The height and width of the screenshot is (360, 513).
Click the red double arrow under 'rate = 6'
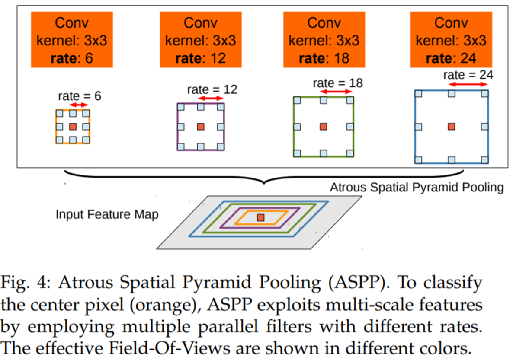(79, 105)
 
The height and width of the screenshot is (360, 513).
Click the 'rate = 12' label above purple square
(212, 90)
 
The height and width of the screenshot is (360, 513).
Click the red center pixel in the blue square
(452, 126)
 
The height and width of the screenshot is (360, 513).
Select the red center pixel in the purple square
(200, 127)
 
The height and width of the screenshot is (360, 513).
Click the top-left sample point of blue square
(418, 93)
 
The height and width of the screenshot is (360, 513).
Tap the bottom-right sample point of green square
(350, 153)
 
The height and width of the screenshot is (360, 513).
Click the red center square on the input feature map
(260, 217)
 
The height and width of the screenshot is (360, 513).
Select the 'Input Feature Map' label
(107, 214)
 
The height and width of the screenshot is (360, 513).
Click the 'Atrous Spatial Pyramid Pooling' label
(417, 188)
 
